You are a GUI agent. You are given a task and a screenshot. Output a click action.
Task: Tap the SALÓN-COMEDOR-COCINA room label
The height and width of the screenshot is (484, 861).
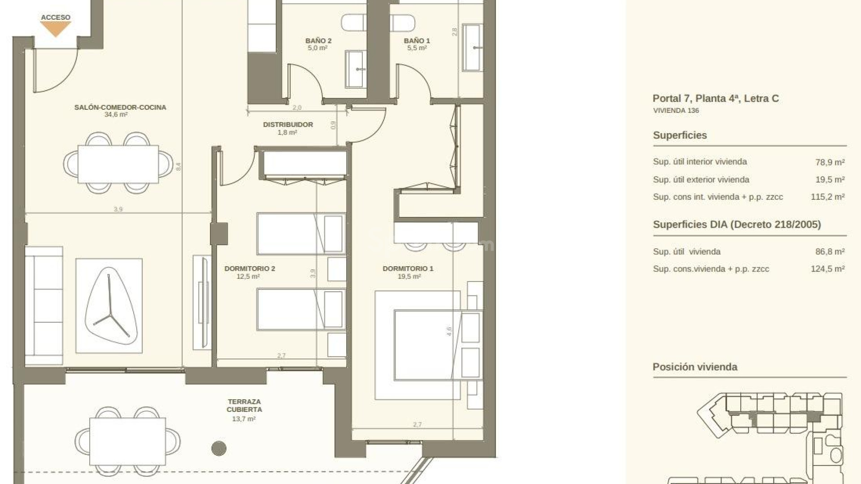(x=120, y=107)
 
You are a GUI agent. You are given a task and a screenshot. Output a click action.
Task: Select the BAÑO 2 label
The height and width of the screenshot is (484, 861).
(x=318, y=41)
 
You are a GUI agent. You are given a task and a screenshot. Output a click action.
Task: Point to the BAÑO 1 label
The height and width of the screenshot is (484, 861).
(x=417, y=41)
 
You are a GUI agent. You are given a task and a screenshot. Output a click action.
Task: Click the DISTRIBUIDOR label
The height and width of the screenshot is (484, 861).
(x=288, y=125)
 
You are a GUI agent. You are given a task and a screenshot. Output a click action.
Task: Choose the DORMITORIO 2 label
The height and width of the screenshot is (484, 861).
(x=250, y=268)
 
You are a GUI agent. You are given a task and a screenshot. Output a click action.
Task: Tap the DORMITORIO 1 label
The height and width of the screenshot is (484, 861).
(x=408, y=268)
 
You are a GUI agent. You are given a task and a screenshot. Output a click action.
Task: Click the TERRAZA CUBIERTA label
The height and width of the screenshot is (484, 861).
(x=244, y=406)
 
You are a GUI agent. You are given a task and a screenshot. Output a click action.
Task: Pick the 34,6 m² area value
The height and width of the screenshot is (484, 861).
(x=116, y=115)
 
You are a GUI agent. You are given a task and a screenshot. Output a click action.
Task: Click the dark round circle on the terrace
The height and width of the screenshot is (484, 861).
(x=219, y=448)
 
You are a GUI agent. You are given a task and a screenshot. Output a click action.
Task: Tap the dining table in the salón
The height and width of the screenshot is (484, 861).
(x=118, y=164)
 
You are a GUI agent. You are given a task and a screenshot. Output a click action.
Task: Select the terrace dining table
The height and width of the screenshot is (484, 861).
(x=128, y=441)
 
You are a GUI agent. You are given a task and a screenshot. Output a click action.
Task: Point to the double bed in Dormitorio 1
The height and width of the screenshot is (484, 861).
(x=428, y=345)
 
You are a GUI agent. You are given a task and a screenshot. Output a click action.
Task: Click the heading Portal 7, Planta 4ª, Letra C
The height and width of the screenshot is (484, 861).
(x=716, y=99)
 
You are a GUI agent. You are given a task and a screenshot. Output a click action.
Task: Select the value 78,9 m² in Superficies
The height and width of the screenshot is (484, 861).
(x=830, y=162)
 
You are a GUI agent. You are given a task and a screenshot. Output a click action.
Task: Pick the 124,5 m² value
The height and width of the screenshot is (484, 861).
(x=828, y=269)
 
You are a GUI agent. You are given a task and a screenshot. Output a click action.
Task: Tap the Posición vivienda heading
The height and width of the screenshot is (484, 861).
(x=695, y=367)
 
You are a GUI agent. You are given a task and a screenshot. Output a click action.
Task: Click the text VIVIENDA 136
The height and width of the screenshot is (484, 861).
(x=676, y=111)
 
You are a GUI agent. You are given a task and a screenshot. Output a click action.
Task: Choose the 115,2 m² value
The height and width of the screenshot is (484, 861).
(x=828, y=197)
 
